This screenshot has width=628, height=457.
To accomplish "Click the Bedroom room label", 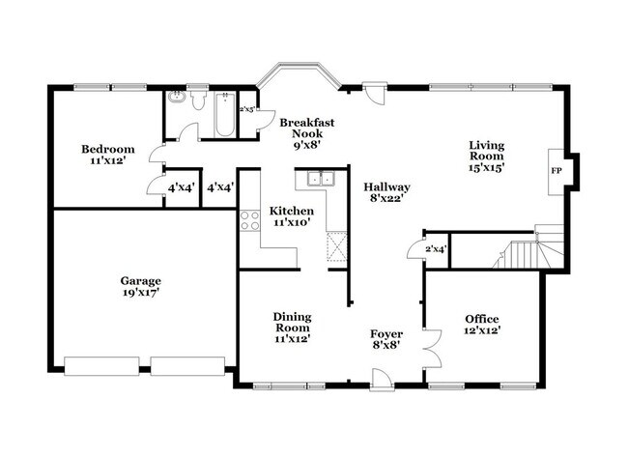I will pos(107,156).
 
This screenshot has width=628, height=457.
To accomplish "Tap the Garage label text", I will pos(140,285).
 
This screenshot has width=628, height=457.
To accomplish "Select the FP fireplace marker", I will pos(556,170).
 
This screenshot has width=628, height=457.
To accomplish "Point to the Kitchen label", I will pos(290,216).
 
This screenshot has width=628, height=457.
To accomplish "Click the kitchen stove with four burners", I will pos(249,219).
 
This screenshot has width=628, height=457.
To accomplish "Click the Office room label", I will pos(482,324).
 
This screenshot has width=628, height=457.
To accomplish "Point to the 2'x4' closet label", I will pos(436,250).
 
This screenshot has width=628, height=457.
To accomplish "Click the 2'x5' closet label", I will pos(246,109).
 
